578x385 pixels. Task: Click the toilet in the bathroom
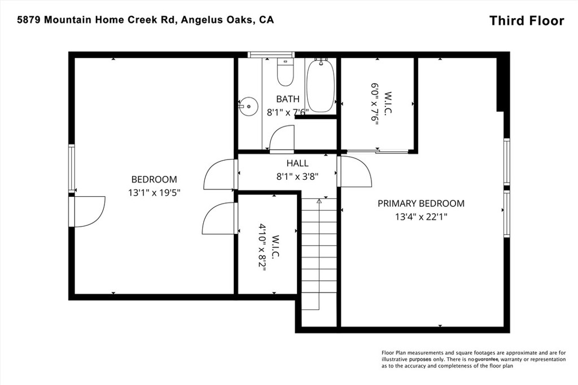coord(285,72)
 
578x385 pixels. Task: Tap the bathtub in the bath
coord(321,85)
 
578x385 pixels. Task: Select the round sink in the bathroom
coord(247,106)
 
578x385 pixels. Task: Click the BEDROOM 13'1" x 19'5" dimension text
coord(154,193)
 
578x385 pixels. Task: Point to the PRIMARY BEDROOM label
coord(421,203)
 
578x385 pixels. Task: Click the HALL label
coord(297,163)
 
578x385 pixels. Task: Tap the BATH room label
coord(288,99)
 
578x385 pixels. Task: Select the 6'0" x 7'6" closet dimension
coord(375,104)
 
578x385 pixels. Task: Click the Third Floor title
coord(527,21)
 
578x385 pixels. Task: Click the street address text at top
coord(146,20)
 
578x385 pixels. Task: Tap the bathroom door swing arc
coord(282,139)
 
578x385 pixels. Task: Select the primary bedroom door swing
coord(354,171)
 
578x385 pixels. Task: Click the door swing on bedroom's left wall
coord(90,211)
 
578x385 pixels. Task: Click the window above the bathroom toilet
coord(271,55)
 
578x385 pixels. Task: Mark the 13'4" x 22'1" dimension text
coord(421,217)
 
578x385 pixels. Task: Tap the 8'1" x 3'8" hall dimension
coord(297,176)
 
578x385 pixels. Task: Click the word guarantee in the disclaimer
coord(487,359)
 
